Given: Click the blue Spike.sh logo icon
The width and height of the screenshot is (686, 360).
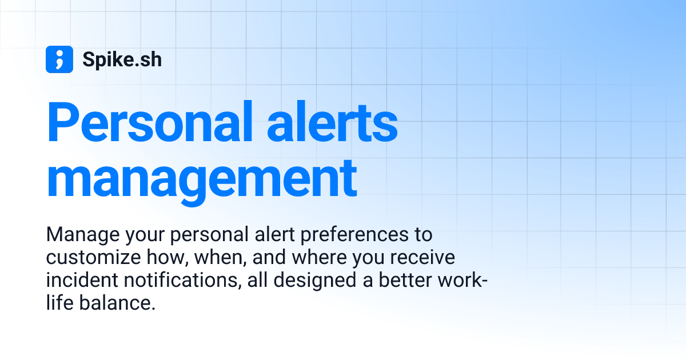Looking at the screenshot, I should pos(59,59).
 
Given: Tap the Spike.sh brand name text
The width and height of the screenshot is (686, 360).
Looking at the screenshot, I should pos(122,59).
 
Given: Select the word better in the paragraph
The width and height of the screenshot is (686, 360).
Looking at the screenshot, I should pos(405,281).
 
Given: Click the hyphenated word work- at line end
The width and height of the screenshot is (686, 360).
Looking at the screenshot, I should pos(465,281).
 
